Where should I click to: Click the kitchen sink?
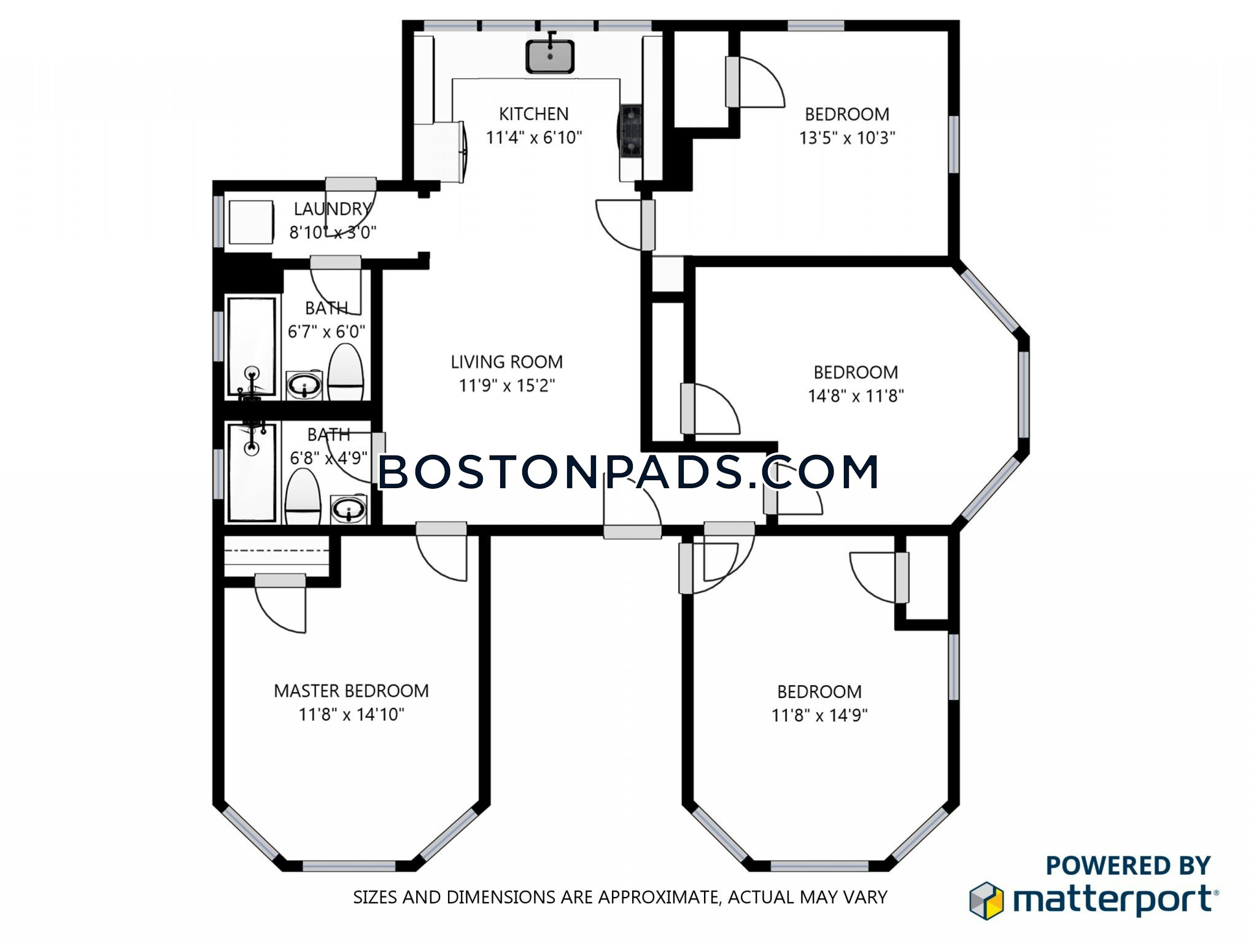[550, 56]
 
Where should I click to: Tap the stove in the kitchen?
[631, 131]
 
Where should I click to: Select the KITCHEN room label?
[533, 114]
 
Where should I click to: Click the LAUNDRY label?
[332, 209]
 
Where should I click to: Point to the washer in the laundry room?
[251, 222]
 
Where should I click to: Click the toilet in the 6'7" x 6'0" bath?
[346, 372]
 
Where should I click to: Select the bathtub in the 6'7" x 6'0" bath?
[252, 347]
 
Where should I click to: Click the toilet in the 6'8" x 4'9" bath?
[303, 497]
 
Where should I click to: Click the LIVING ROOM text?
[506, 362]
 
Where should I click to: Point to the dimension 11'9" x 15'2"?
[507, 386]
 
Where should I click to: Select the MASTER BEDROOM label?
[351, 691]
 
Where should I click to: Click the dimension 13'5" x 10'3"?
[847, 138]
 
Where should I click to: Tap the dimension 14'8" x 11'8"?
[856, 396]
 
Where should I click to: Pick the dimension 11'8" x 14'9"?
[819, 715]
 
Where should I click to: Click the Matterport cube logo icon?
[986, 901]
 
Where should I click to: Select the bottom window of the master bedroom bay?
[349, 866]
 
